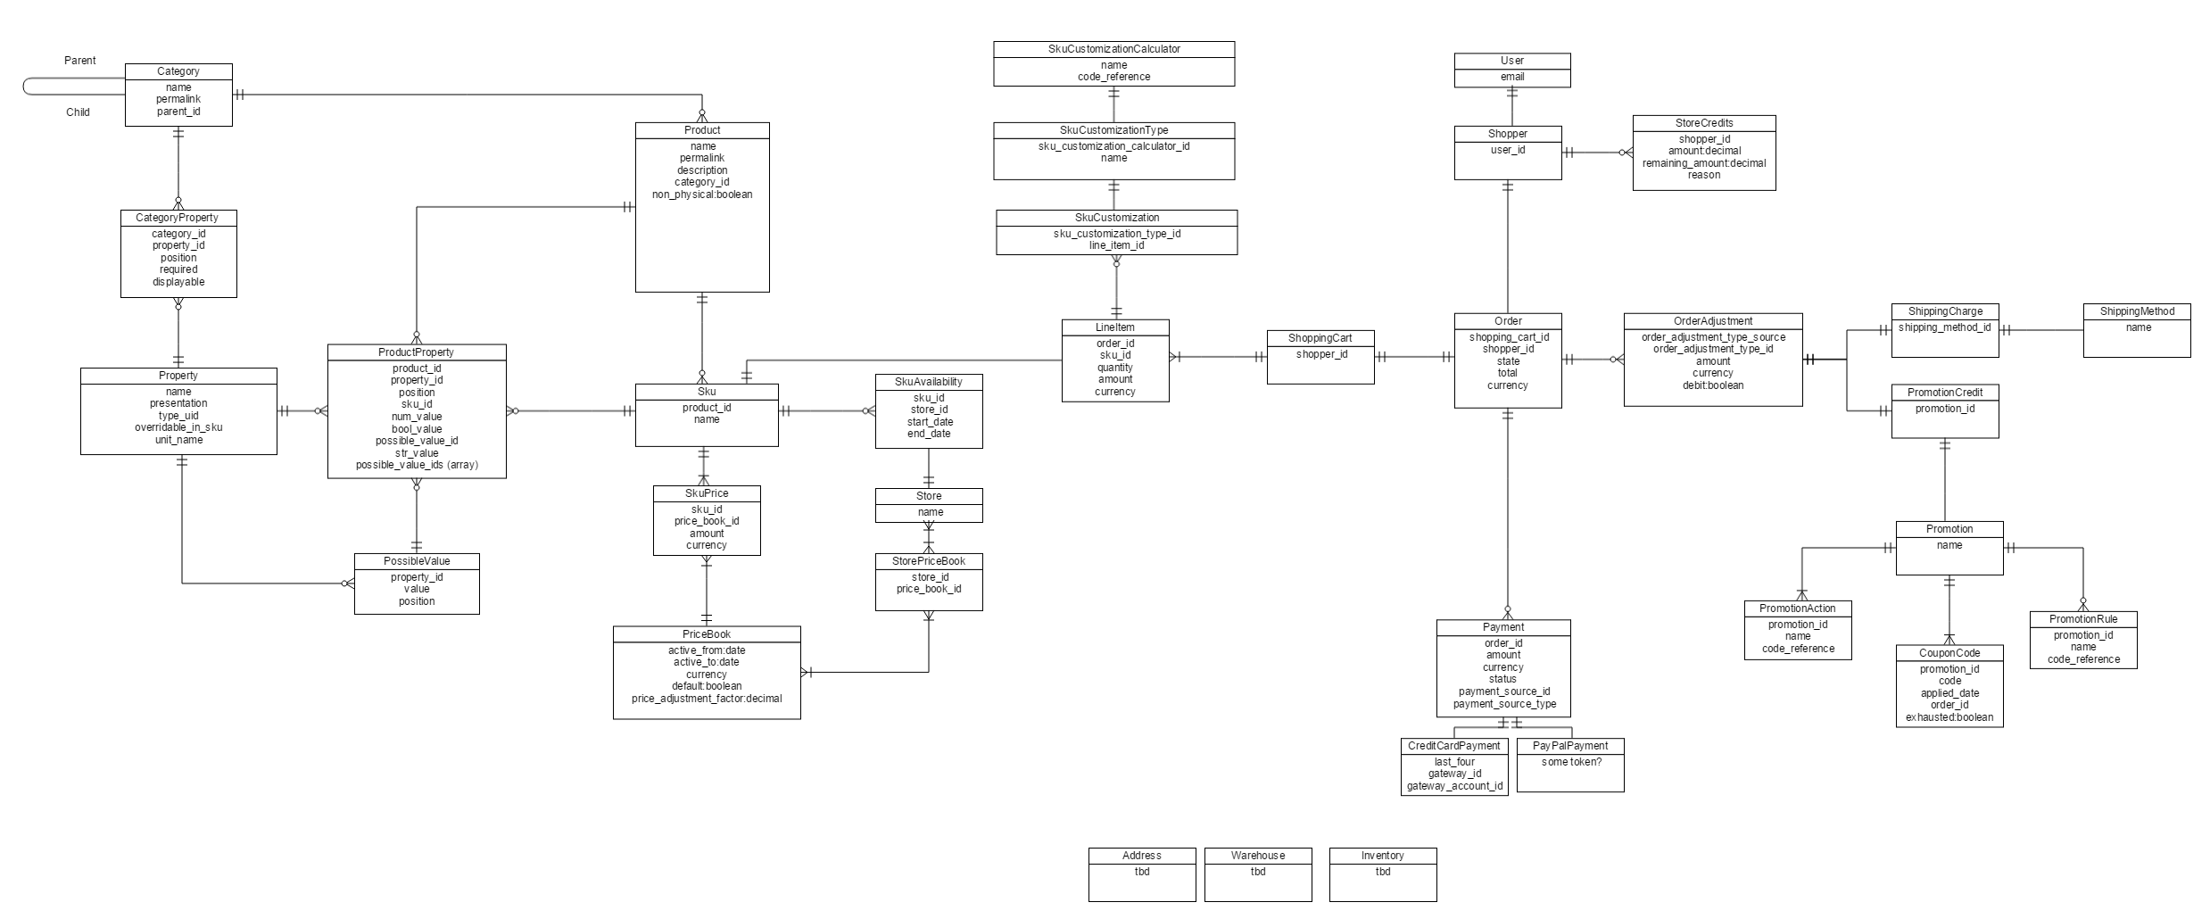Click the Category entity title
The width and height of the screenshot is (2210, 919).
coord(178,71)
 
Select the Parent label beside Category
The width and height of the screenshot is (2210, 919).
coord(80,61)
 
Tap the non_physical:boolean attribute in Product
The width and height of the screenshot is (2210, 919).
coord(702,195)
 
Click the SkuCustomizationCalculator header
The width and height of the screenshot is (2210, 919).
coord(1113,49)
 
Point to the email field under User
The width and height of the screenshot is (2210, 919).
coord(1512,77)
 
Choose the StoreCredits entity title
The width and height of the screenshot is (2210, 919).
coord(1704,123)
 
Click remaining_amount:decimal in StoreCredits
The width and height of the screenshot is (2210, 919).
coord(1704,163)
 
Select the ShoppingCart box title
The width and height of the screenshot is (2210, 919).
coord(1320,338)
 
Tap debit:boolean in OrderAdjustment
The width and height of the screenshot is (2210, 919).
coord(1712,385)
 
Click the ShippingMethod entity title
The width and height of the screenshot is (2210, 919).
coord(2137,311)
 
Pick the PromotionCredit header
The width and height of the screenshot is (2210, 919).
coord(1945,393)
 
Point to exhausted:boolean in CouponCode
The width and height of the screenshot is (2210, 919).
coord(1949,717)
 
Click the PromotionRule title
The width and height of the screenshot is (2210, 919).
coord(2083,619)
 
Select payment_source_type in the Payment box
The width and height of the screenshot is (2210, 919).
coord(1504,704)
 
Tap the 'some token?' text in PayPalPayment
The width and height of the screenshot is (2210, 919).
coord(1571,762)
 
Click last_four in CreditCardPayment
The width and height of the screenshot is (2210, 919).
coord(1454,762)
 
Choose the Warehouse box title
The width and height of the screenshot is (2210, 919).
coord(1258,856)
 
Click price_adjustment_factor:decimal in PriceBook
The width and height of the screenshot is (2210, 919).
coord(707,699)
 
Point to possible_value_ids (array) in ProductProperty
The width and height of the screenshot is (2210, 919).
coord(417,465)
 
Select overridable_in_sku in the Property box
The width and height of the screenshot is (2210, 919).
coord(178,427)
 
